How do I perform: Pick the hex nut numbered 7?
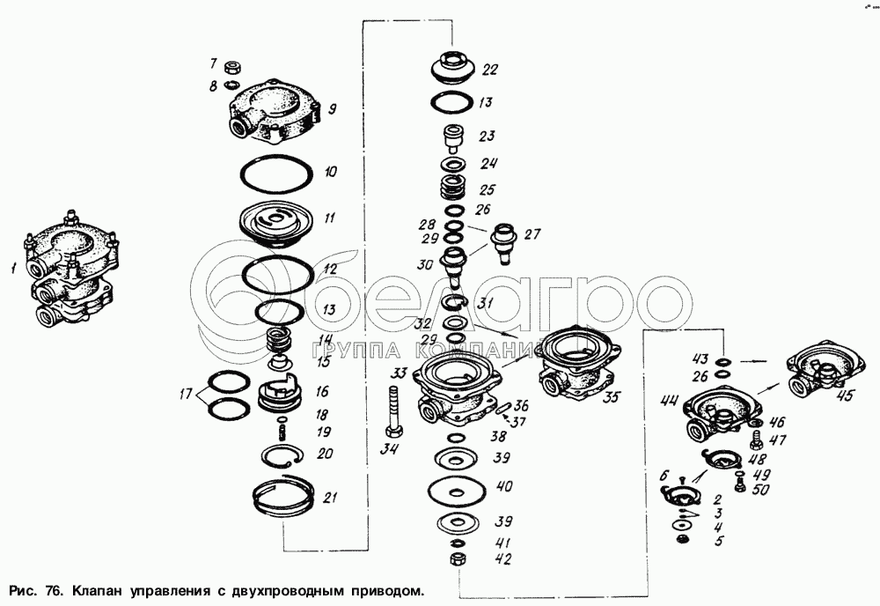232,68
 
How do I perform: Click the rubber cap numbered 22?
453,68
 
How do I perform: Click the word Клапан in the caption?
96,591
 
